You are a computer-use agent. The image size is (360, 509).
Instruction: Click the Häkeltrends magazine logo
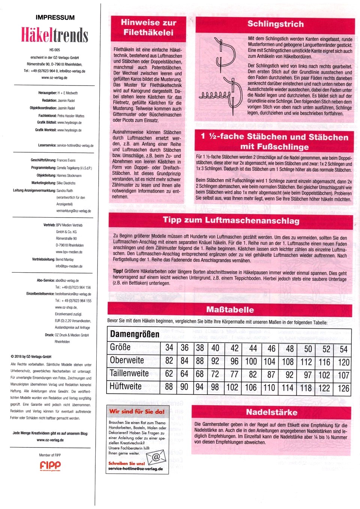pyautogui.click(x=55, y=35)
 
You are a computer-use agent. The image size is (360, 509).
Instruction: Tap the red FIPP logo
pyautogui.click(x=50, y=466)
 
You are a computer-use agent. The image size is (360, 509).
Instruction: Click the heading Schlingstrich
pyautogui.click(x=275, y=24)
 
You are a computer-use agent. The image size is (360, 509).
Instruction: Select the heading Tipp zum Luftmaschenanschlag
pyautogui.click(x=231, y=220)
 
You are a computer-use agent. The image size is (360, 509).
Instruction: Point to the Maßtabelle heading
pyautogui.click(x=230, y=309)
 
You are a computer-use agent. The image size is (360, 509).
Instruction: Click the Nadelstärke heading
pyautogui.click(x=271, y=412)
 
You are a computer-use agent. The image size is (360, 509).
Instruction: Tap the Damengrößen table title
pyautogui.click(x=135, y=334)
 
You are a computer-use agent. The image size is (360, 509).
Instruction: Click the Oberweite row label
pyautogui.click(x=127, y=360)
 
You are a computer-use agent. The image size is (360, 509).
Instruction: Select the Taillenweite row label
pyautogui.click(x=129, y=374)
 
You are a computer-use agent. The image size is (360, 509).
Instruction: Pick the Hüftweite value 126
pyautogui.click(x=343, y=388)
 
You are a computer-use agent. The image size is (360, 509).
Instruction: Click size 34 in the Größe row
pyautogui.click(x=169, y=348)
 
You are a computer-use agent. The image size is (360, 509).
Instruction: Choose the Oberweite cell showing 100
pyautogui.click(x=251, y=362)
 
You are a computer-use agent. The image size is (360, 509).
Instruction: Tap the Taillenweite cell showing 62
pyautogui.click(x=169, y=374)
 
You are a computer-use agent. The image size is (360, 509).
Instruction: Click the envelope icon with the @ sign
pyautogui.click(x=156, y=457)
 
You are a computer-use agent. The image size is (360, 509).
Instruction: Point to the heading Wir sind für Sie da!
pyautogui.click(x=137, y=411)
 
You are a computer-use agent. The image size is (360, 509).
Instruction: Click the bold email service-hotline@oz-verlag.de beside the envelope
pyautogui.click(x=135, y=469)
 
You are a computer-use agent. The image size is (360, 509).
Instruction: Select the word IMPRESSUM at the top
pyautogui.click(x=55, y=18)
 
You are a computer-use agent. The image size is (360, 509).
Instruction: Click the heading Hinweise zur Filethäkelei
pyautogui.click(x=148, y=27)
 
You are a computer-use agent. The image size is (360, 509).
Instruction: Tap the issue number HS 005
pyautogui.click(x=55, y=50)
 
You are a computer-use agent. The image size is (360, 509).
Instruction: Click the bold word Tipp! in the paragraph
pyautogui.click(x=118, y=271)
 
